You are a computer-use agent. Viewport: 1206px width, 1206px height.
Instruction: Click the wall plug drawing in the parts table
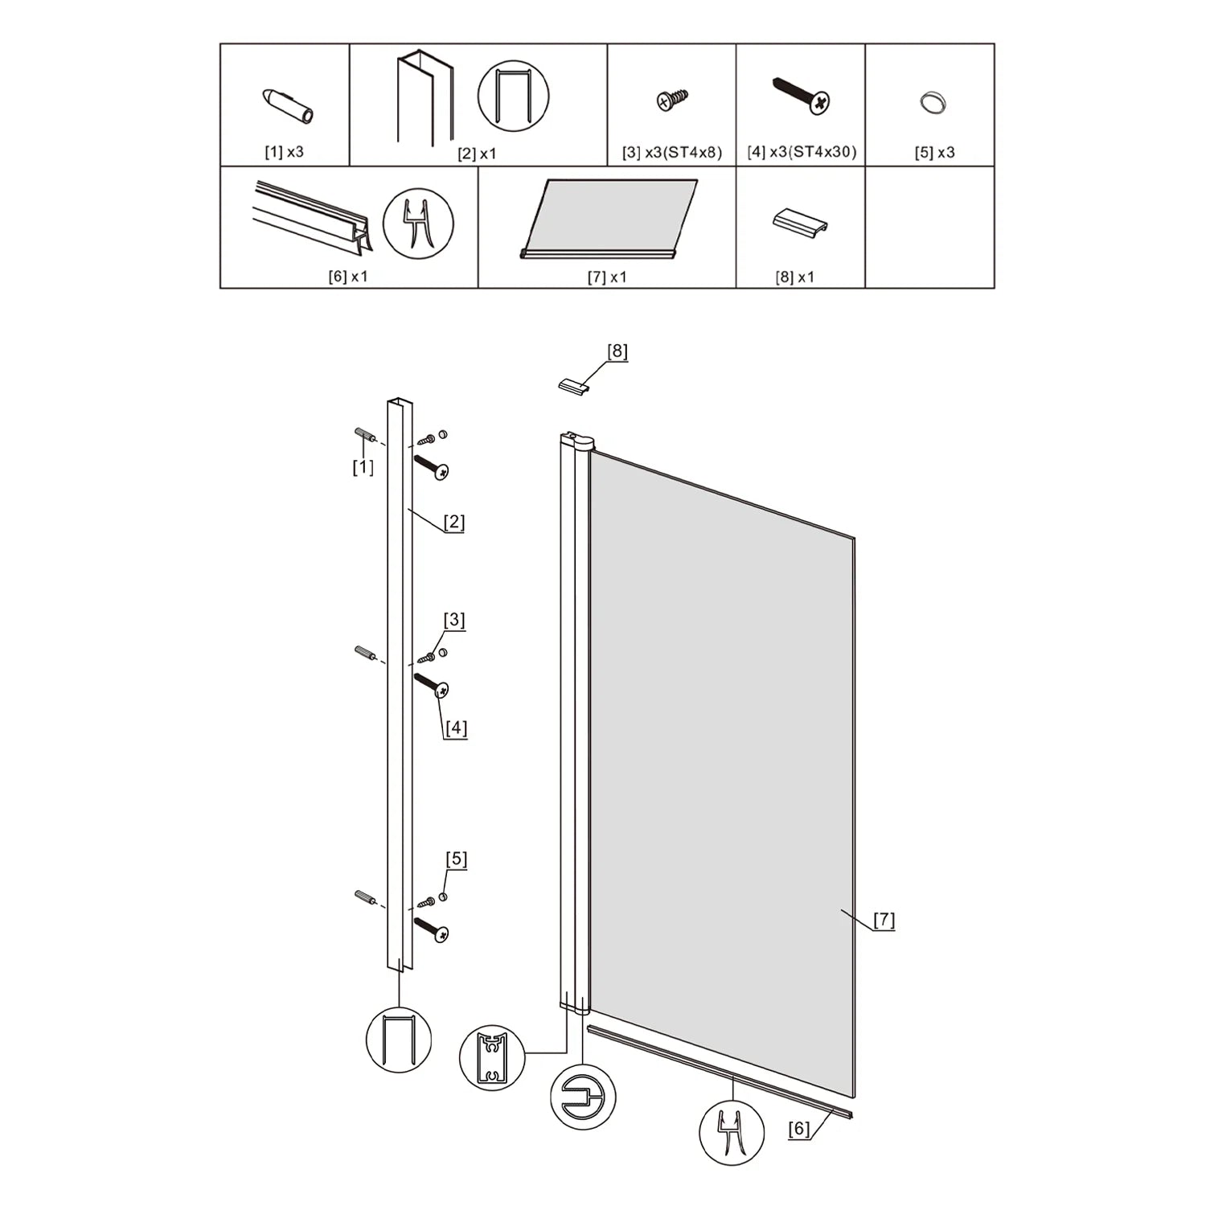[x=288, y=105]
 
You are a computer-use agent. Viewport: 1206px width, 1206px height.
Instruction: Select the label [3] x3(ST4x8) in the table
[x=672, y=152]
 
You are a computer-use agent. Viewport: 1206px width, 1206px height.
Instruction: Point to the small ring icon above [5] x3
[x=933, y=104]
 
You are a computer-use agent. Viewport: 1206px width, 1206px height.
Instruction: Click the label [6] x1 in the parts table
[x=347, y=276]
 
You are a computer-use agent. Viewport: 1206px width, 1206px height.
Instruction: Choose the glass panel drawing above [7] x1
[x=609, y=218]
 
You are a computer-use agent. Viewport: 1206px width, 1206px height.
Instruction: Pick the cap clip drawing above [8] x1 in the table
[x=799, y=223]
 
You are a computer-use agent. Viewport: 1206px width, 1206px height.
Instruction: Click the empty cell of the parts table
[x=929, y=228]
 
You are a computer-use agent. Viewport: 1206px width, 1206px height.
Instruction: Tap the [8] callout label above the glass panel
[x=617, y=351]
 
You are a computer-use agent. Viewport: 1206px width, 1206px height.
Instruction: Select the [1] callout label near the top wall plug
[x=363, y=467]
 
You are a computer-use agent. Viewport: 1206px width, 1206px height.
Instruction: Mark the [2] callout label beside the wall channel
[x=454, y=523]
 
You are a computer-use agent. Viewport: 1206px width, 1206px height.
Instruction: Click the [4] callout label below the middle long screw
[x=456, y=728]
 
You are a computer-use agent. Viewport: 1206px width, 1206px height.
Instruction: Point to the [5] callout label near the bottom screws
[x=457, y=859]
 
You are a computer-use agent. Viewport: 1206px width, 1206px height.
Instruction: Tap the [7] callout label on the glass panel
[x=884, y=920]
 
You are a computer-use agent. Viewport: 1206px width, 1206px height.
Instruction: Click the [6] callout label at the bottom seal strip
[x=798, y=1129]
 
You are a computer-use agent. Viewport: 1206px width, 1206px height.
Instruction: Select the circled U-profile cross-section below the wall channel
[x=399, y=1040]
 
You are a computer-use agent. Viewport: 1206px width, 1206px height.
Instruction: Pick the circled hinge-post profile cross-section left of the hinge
[x=492, y=1058]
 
